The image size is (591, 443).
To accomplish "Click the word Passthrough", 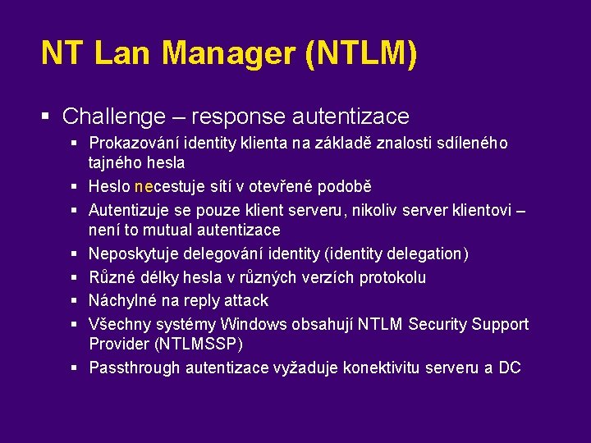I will pos(135,368).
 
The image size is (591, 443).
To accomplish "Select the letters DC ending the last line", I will pos(510,368).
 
